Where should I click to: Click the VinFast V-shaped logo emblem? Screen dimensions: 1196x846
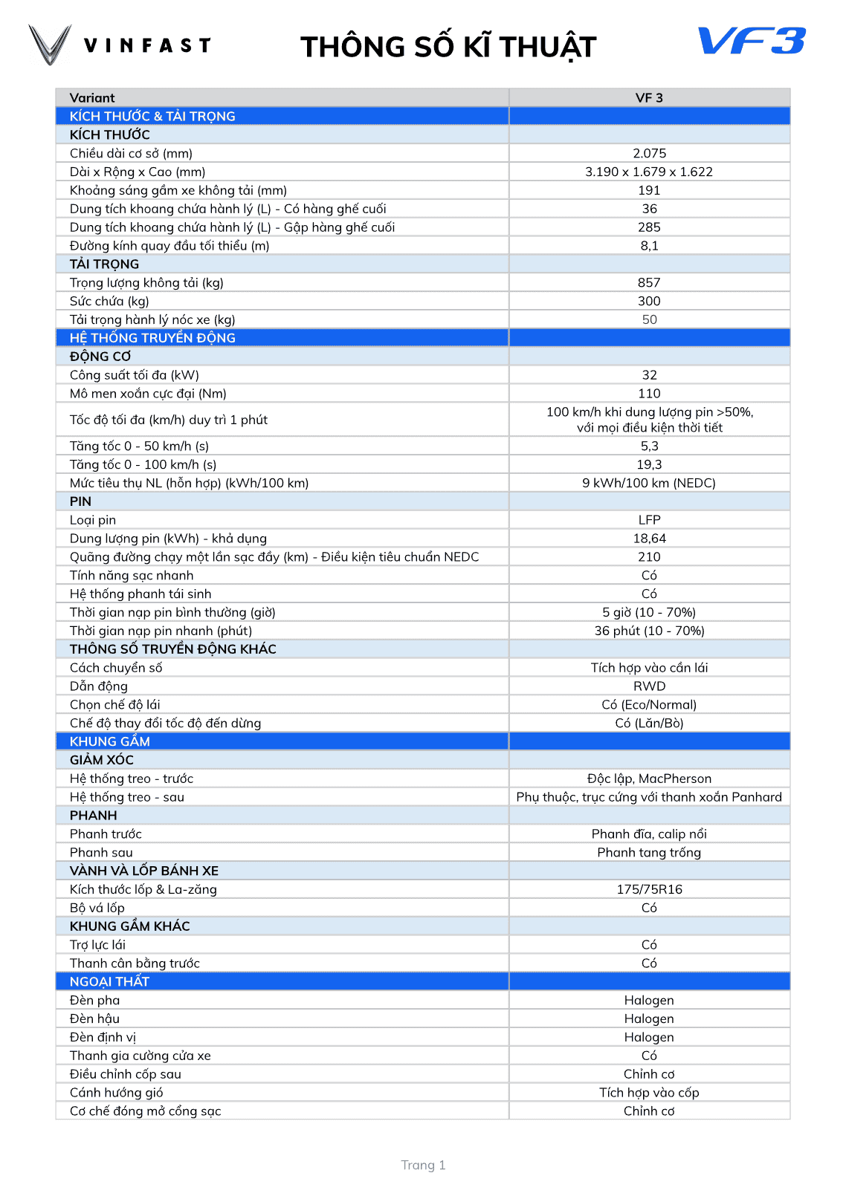click(50, 45)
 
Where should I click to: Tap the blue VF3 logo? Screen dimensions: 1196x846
click(752, 41)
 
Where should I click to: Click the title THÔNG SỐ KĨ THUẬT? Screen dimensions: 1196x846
click(448, 47)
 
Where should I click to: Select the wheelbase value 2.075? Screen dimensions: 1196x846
click(649, 154)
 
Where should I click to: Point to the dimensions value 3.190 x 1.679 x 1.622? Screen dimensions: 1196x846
click(649, 172)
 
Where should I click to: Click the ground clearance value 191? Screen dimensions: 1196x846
click(649, 191)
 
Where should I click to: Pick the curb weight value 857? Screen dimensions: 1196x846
click(649, 283)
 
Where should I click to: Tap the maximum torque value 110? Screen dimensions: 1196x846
click(649, 394)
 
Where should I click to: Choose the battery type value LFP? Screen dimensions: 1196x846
click(649, 520)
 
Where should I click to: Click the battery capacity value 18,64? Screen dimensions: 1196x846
click(649, 539)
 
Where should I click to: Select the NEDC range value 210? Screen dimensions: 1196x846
click(649, 557)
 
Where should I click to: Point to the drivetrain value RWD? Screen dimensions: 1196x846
click(649, 686)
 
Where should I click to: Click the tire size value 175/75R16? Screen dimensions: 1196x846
click(649, 889)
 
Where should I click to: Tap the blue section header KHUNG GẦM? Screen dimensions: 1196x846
click(110, 741)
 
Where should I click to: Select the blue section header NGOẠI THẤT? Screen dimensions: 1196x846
click(109, 981)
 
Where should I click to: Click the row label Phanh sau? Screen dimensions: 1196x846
click(101, 853)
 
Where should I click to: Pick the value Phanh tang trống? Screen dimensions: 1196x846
click(649, 853)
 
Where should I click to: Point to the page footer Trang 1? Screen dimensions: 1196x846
click(423, 1165)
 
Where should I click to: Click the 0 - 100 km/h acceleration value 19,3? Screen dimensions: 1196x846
click(649, 465)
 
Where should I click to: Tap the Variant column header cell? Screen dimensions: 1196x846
click(92, 98)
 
